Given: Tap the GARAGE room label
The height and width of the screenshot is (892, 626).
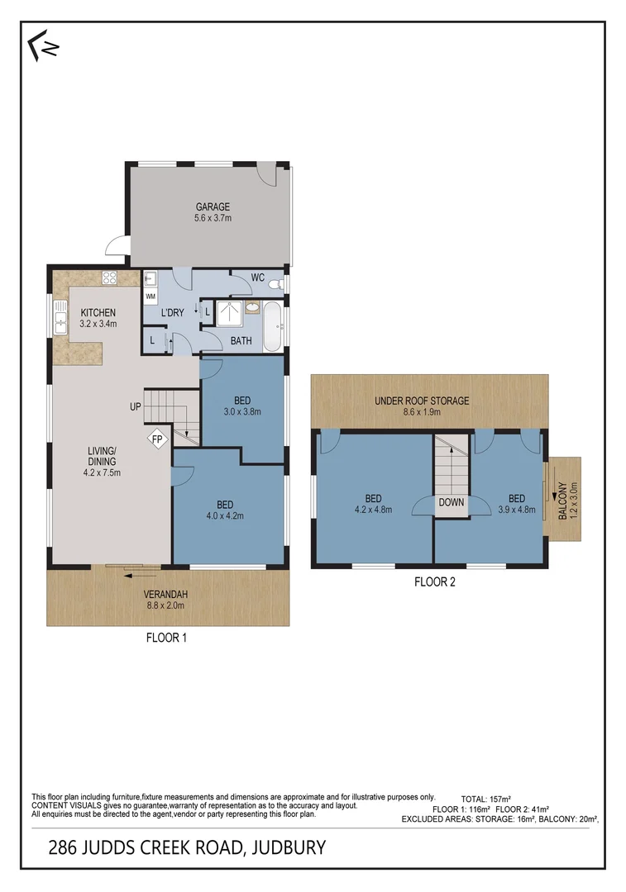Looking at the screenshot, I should pyautogui.click(x=213, y=207).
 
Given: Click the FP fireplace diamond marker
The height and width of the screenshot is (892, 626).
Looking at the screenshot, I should pyautogui.click(x=157, y=439).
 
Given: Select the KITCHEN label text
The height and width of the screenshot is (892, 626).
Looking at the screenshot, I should pyautogui.click(x=98, y=312).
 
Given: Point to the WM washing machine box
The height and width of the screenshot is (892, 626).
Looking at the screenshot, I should pyautogui.click(x=151, y=295).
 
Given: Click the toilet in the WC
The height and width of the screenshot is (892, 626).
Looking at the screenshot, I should pyautogui.click(x=280, y=284).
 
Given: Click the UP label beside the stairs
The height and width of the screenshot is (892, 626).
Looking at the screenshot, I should pyautogui.click(x=134, y=406).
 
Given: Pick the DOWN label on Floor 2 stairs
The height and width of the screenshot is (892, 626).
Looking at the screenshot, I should pyautogui.click(x=452, y=502).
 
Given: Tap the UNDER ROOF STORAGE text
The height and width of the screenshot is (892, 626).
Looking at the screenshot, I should pyautogui.click(x=422, y=401).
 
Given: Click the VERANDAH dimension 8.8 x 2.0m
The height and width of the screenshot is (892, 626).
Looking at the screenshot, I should pyautogui.click(x=168, y=605).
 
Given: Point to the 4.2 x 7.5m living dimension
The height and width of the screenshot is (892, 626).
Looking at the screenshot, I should pyautogui.click(x=103, y=473).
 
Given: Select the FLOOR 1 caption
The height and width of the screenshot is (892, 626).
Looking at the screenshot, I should pyautogui.click(x=168, y=638).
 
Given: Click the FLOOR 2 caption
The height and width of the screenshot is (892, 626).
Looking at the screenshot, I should pyautogui.click(x=435, y=581).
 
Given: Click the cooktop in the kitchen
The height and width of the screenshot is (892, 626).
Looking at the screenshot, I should pyautogui.click(x=108, y=278).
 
